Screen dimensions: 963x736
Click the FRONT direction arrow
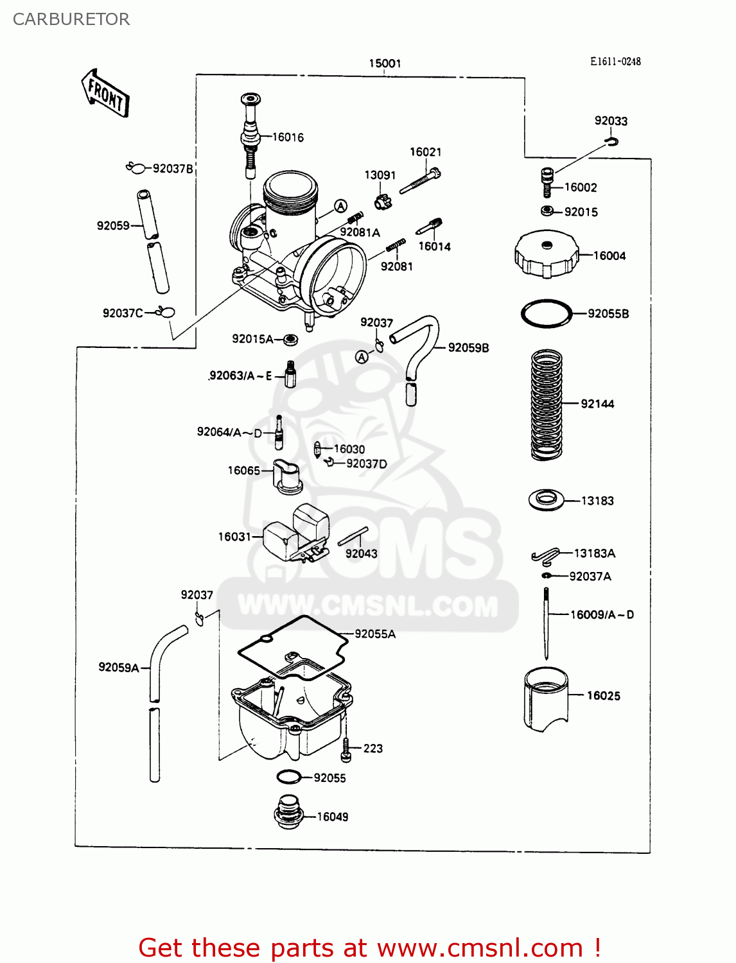tap(105, 94)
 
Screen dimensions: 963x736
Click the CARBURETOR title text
tap(71, 19)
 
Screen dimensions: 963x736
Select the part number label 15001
tap(385, 63)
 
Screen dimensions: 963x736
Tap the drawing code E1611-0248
tap(615, 62)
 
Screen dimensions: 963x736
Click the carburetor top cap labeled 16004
tap(546, 255)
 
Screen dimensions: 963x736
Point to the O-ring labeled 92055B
tap(546, 314)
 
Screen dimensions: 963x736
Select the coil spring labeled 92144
tap(547, 404)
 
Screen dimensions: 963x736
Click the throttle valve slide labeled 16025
tap(546, 698)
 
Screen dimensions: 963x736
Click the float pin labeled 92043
tap(353, 536)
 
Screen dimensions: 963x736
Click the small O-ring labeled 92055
tap(289, 777)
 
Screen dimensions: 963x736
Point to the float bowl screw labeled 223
tap(346, 749)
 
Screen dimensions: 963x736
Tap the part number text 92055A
tap(375, 634)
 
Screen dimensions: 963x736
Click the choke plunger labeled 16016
tap(250, 136)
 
